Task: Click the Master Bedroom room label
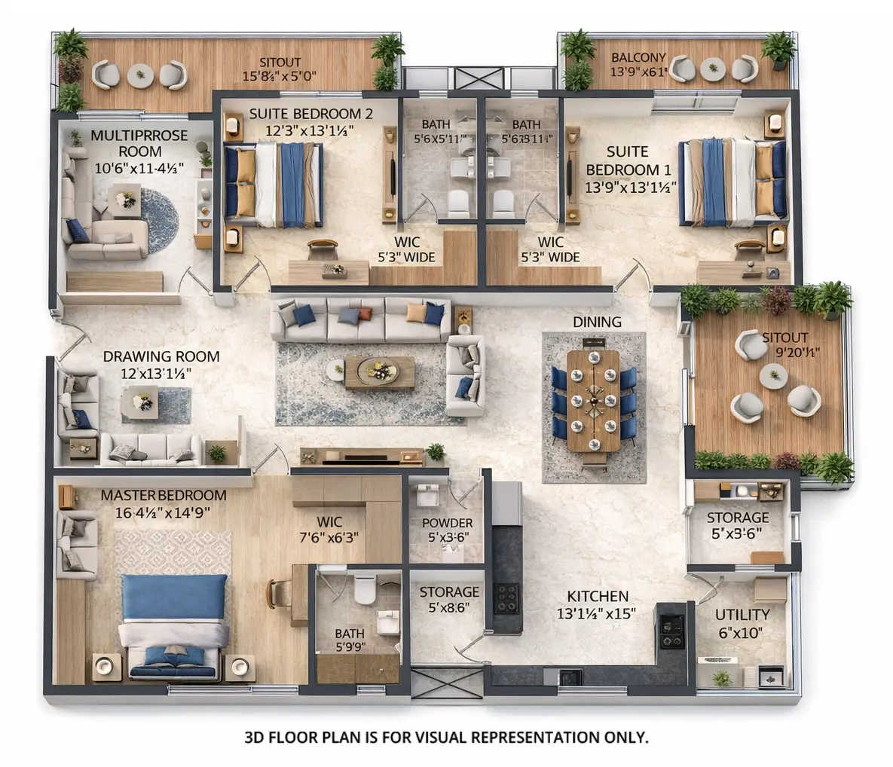(163, 496)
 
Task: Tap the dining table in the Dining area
(593, 400)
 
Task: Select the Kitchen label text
(598, 595)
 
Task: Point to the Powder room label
(447, 523)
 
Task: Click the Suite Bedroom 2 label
(310, 114)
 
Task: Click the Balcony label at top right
(638, 57)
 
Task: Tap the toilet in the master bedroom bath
(365, 588)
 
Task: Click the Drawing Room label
(161, 356)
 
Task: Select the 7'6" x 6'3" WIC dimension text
(329, 537)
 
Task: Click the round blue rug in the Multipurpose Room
(159, 220)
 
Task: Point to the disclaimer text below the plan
(446, 737)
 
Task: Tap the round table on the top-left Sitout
(140, 75)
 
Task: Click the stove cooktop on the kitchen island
(506, 597)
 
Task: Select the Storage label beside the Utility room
(738, 518)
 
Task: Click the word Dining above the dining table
(597, 322)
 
